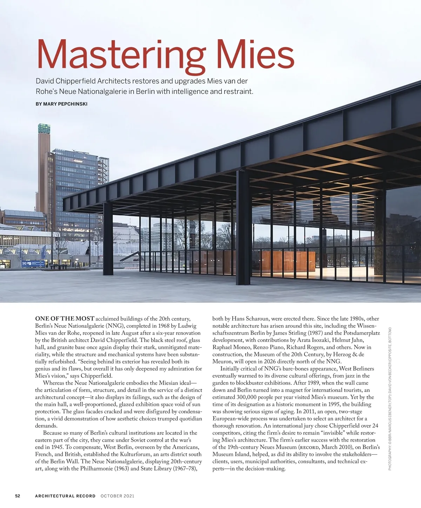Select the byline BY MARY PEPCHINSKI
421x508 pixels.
61,104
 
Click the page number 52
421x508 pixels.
18,496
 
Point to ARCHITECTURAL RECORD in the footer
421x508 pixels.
65,496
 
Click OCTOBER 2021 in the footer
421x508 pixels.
117,496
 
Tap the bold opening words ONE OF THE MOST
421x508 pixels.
65,319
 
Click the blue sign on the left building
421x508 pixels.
33,263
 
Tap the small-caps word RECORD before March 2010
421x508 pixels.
308,447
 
